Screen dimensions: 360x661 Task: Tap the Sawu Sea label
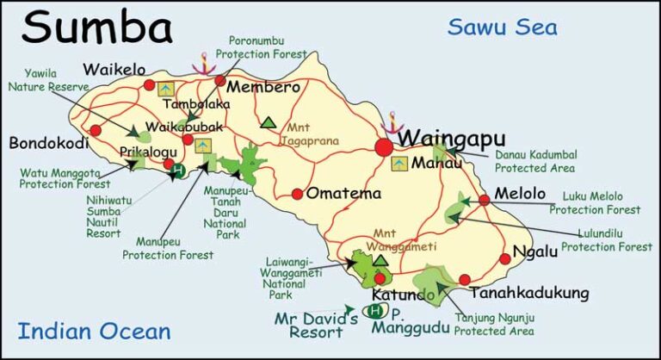click(502, 27)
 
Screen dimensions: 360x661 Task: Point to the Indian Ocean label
click(94, 330)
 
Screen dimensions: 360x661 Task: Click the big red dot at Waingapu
click(384, 147)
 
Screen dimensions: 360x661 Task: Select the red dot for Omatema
click(297, 194)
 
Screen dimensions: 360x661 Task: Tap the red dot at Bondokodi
click(96, 130)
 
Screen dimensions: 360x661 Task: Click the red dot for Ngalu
click(505, 258)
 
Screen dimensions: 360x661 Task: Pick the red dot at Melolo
click(485, 199)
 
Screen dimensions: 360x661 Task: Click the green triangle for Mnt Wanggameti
click(380, 259)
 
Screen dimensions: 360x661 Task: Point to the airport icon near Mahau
click(399, 162)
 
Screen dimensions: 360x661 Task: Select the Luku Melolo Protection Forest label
click(595, 202)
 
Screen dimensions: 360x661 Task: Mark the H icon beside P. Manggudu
click(374, 310)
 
